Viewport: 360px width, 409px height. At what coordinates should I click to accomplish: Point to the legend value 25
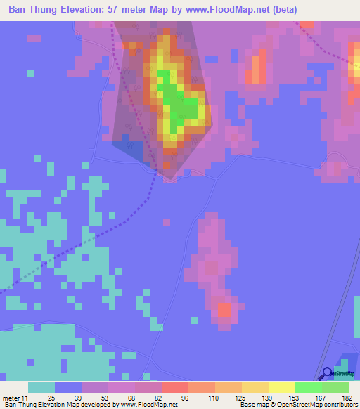(x=51, y=398)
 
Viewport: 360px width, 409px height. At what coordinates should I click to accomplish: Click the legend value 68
(x=132, y=398)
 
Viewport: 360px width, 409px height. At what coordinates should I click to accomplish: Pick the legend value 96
(x=184, y=398)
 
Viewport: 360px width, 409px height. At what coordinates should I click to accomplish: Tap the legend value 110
(x=211, y=398)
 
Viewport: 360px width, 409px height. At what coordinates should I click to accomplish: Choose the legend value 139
(x=266, y=398)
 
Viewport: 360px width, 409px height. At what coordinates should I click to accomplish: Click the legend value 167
(x=319, y=398)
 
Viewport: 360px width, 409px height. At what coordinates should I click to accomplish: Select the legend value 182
(x=346, y=398)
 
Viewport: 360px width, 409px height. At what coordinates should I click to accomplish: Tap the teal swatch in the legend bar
(x=41, y=387)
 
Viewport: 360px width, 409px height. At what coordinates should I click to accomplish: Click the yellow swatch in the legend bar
(x=281, y=387)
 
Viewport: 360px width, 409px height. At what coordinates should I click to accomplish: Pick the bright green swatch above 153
(x=308, y=387)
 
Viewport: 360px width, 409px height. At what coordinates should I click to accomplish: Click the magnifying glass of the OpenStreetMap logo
(x=328, y=373)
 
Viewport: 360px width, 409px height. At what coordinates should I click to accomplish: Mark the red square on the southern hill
(x=224, y=309)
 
